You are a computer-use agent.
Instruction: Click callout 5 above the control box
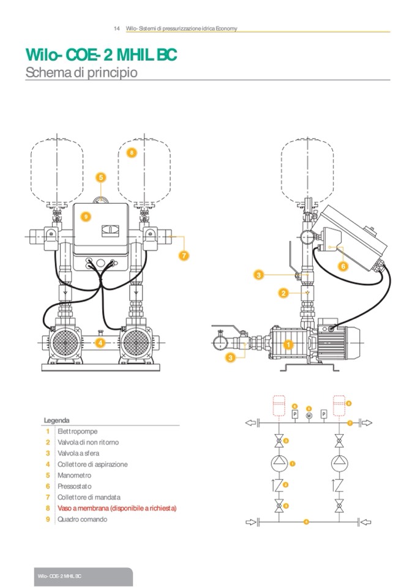coord(102,178)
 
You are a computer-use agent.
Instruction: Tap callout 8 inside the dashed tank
coord(132,151)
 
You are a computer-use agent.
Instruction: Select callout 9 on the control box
coord(86,216)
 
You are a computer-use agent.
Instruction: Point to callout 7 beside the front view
coord(183,256)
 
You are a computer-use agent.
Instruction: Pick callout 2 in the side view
coord(283,293)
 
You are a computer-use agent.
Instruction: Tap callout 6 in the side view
coord(343,266)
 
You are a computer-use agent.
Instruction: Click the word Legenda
coord(56,421)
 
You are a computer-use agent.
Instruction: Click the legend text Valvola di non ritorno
coord(88,442)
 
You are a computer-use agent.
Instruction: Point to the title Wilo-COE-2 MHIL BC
coord(101,56)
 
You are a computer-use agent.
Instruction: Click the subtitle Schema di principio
coord(81,72)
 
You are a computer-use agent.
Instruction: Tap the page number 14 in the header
coord(116,29)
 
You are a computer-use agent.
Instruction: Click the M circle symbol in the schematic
coord(309,415)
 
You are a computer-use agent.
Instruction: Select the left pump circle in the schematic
coord(279,463)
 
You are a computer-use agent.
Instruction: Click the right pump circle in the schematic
coord(338,463)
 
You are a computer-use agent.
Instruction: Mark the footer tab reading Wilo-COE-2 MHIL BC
coord(59,577)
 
